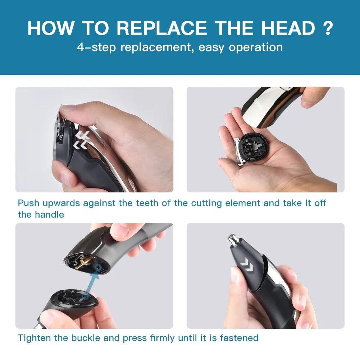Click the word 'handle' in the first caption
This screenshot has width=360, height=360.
(x=50, y=215)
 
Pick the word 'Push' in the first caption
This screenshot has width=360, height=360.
(x=28, y=203)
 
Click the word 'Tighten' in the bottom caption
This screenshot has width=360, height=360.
(x=34, y=338)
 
